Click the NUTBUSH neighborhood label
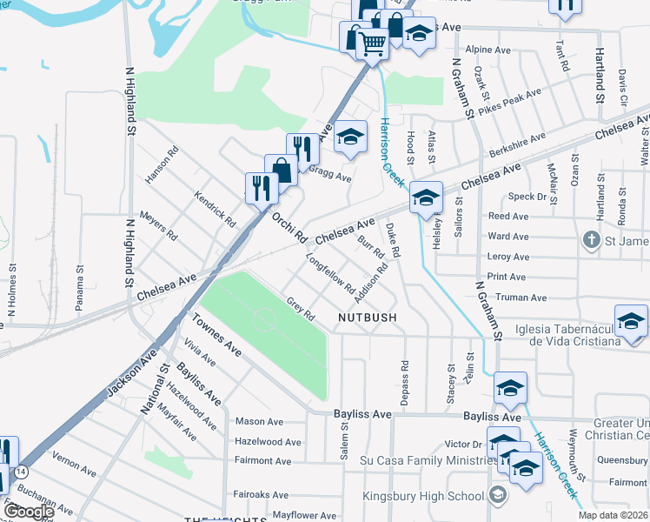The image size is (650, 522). [x=368, y=318]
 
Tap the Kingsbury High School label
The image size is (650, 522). [x=423, y=497]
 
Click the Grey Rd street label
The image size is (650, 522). [x=300, y=308]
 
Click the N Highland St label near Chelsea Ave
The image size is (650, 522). [x=127, y=252]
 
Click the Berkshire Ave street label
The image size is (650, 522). [x=518, y=144]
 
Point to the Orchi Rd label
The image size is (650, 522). [x=289, y=226]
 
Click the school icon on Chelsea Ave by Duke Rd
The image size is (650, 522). [x=426, y=197]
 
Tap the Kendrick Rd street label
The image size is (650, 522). [x=215, y=209]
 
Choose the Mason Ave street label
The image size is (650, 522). [x=259, y=422]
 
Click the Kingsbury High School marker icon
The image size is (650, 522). [x=497, y=496]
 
